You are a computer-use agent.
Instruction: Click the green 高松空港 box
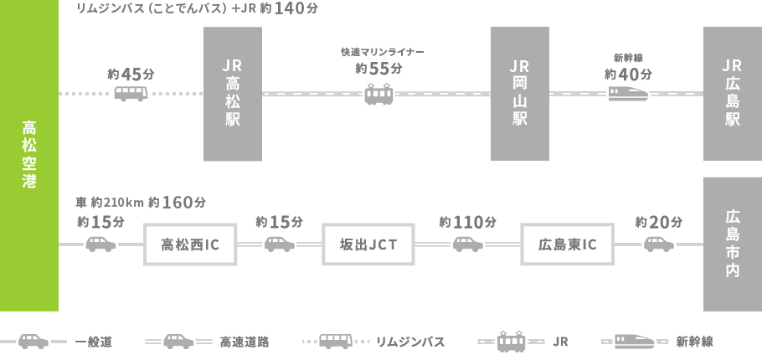29,155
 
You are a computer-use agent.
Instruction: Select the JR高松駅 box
233,94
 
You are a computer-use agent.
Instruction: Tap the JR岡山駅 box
519,94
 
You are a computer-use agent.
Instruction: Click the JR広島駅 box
733,94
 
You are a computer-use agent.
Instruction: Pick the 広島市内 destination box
733,244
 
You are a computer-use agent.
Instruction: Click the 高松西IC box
190,244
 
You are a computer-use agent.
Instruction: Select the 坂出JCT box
368,244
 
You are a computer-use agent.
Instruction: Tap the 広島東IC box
567,244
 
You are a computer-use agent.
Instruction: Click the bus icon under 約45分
131,93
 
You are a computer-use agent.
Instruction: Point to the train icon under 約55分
378,93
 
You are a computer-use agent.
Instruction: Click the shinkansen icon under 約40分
628,93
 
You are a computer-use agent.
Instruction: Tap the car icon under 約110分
468,244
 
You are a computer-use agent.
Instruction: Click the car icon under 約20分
659,244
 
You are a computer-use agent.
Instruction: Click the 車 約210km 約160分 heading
140,203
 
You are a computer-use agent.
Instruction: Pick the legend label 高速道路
244,342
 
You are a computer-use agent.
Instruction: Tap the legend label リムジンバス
409,342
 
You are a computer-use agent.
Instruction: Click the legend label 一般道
93,342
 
